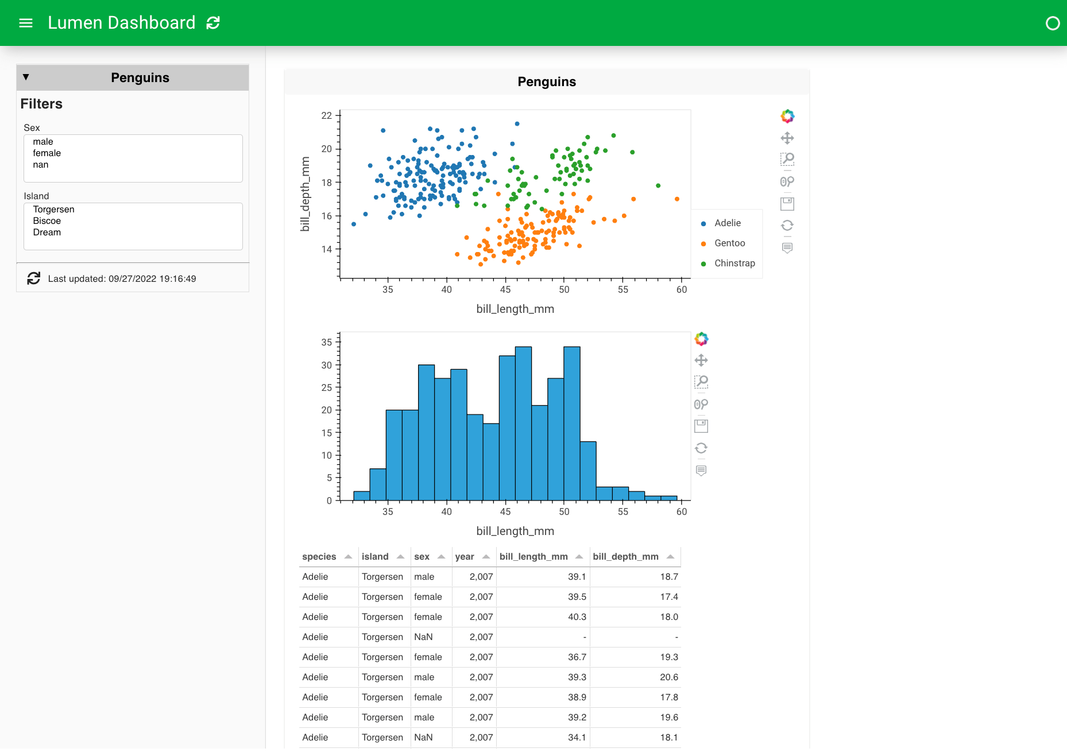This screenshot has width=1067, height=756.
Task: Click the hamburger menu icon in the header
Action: (x=26, y=23)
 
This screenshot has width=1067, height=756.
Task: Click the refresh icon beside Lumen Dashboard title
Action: (x=213, y=23)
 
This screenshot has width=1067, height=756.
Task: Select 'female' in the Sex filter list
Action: (x=47, y=153)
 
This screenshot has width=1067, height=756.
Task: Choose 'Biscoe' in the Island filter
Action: (x=47, y=221)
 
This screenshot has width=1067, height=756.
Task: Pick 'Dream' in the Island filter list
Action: (x=47, y=232)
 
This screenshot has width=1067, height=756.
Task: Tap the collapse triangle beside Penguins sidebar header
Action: (x=26, y=77)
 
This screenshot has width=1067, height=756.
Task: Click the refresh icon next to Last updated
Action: (x=34, y=278)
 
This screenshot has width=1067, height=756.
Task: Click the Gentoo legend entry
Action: (x=729, y=243)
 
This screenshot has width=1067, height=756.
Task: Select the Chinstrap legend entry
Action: (x=734, y=263)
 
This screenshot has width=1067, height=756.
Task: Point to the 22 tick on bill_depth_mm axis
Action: (x=327, y=116)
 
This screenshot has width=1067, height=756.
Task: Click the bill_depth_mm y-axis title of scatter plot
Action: (x=305, y=194)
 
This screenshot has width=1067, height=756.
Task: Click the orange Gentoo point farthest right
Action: (x=677, y=199)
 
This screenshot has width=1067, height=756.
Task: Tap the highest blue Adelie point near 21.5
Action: (x=517, y=124)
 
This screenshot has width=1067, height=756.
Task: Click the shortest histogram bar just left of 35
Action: (x=361, y=495)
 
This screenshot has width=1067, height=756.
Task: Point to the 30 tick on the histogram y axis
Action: (x=327, y=365)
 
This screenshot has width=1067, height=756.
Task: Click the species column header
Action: (x=319, y=557)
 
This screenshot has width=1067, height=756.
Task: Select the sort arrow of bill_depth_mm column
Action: (x=670, y=557)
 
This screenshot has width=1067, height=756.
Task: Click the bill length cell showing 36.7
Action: (x=577, y=657)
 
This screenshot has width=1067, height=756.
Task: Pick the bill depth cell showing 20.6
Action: (x=669, y=677)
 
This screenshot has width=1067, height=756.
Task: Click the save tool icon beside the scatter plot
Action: (x=787, y=204)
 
